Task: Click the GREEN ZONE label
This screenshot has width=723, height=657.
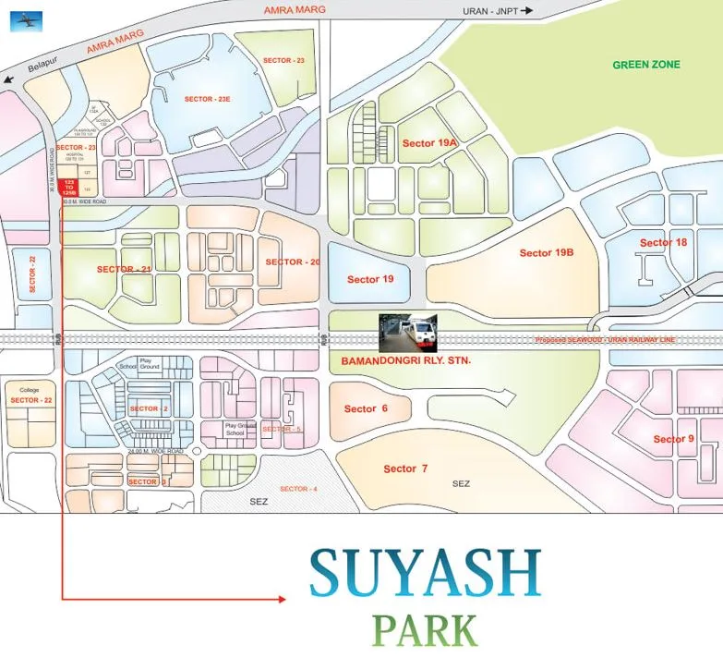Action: click(x=646, y=65)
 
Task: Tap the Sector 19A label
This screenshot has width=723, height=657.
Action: click(x=430, y=143)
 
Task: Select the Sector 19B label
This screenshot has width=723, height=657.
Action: click(x=547, y=253)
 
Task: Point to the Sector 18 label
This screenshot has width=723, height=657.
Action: click(x=663, y=243)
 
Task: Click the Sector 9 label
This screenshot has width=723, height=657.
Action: click(x=673, y=439)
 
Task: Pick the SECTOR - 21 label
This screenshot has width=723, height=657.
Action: click(x=124, y=269)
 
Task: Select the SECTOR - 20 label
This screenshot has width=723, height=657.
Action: click(x=293, y=262)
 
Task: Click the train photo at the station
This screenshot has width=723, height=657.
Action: click(x=408, y=332)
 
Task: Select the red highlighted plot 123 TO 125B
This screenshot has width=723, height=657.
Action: click(x=70, y=187)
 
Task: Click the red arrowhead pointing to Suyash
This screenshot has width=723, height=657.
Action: click(x=281, y=600)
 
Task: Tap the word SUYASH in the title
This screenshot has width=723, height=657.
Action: click(x=425, y=573)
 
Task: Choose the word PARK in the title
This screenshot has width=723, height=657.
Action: click(x=425, y=629)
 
